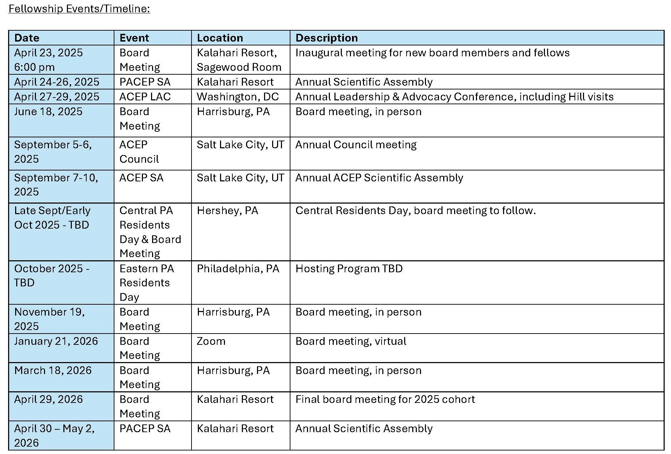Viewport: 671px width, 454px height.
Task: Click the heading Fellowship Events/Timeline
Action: (x=79, y=8)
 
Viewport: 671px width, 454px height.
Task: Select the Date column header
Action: (x=27, y=38)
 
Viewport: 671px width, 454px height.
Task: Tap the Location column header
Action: (x=220, y=38)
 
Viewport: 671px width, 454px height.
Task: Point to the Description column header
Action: (x=326, y=38)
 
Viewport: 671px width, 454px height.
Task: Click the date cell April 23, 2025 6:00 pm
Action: (x=48, y=60)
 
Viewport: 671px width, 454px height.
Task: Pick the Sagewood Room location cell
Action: (x=239, y=60)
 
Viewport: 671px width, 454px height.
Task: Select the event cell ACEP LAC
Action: (x=145, y=97)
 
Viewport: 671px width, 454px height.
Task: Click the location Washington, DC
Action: (x=238, y=97)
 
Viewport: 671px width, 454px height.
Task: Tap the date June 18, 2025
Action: (x=48, y=112)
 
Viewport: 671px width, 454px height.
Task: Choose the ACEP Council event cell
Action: (x=139, y=152)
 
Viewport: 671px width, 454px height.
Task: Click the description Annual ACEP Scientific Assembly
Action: (x=379, y=178)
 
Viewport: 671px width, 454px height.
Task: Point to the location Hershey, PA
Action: (x=227, y=211)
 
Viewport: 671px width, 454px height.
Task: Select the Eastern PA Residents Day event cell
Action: (x=146, y=282)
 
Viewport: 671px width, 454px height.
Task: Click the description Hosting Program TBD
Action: (x=349, y=269)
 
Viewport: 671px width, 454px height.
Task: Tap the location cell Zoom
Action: (x=211, y=341)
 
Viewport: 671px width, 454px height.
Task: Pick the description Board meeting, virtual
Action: (x=351, y=341)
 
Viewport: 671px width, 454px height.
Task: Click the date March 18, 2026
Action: (x=53, y=371)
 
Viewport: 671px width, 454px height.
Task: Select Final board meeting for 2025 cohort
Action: (x=385, y=399)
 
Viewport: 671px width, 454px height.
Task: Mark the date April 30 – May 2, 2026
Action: (x=54, y=435)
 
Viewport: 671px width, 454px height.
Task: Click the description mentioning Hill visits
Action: (x=454, y=97)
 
